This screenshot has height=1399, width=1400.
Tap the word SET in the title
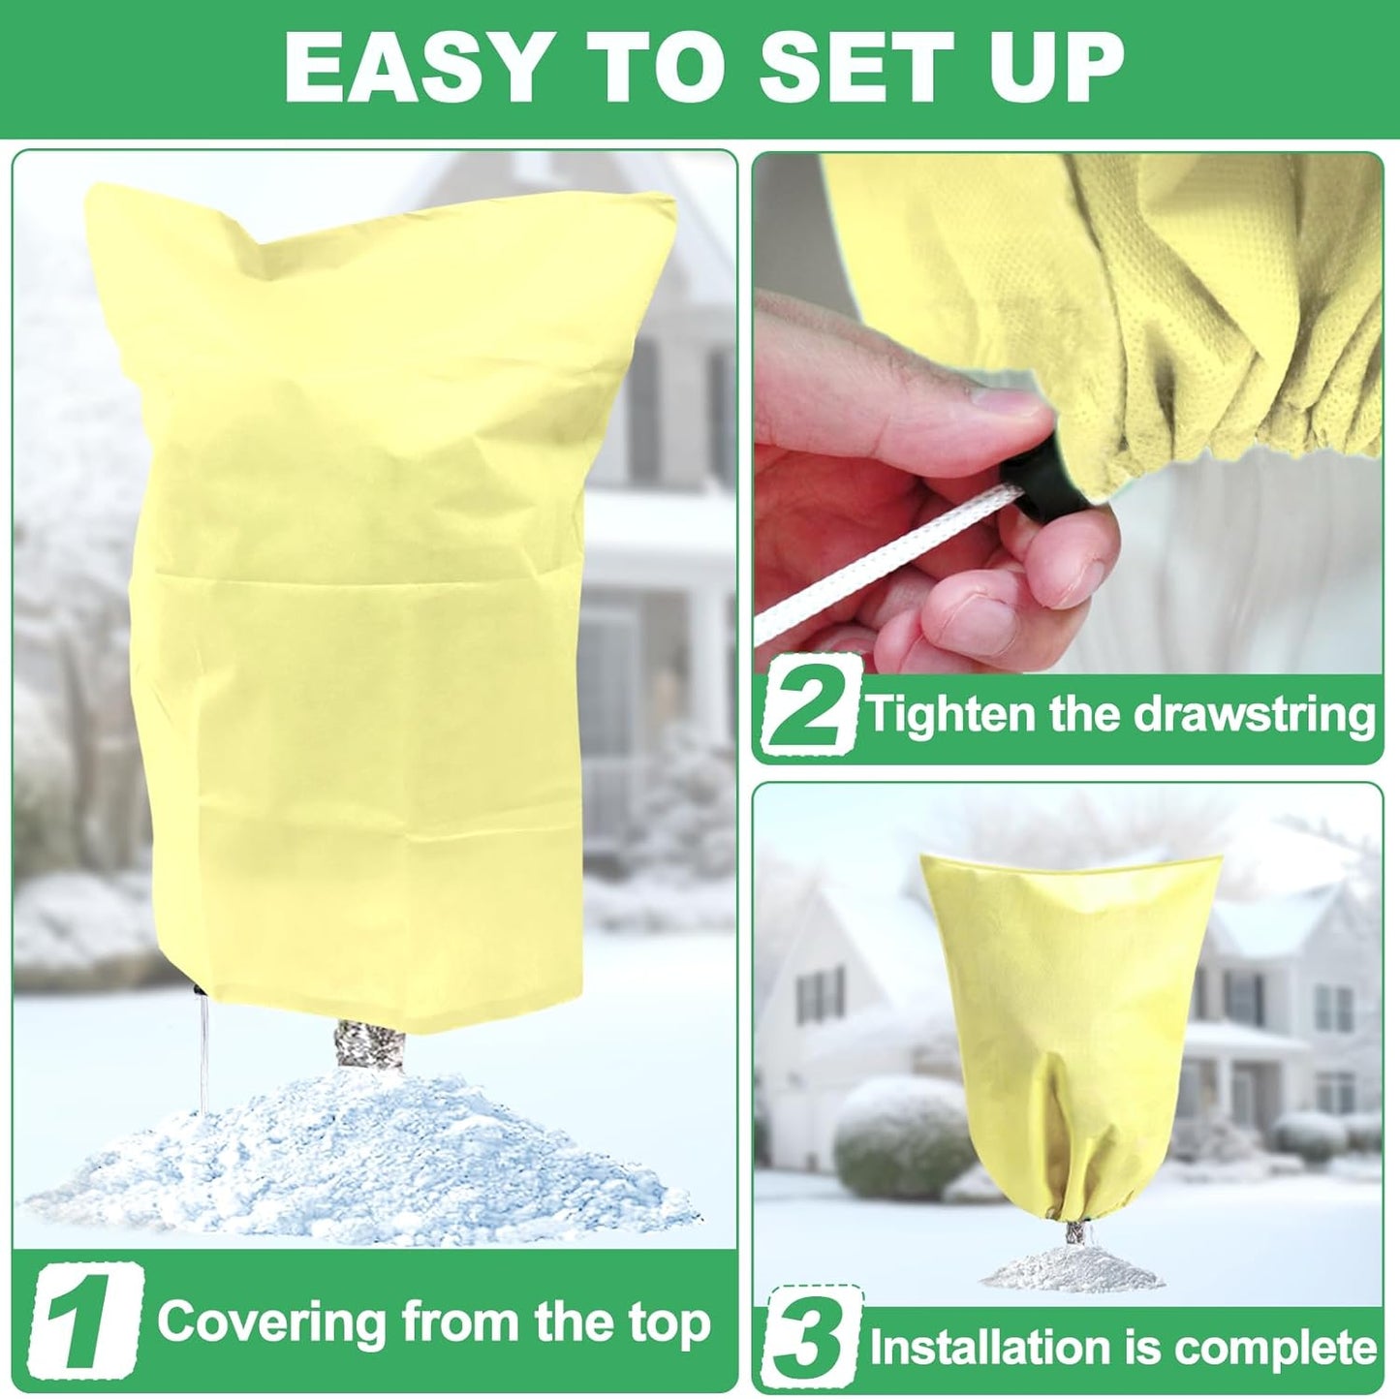coord(851,67)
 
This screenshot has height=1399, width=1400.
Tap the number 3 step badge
coord(811,1346)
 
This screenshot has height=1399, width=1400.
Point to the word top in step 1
coord(669,1325)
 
